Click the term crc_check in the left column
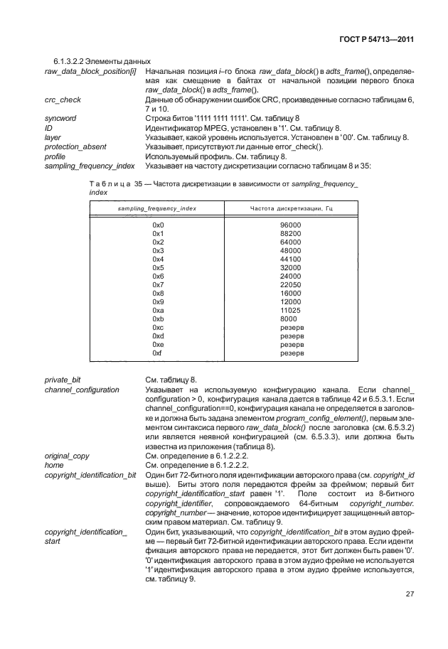(63, 100)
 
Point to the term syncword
(60, 118)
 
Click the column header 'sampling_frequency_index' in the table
(157, 208)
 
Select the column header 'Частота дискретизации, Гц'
(292, 208)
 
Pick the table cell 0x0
(158, 225)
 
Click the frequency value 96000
(291, 225)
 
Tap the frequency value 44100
(291, 259)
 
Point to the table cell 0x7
(158, 284)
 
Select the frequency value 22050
(291, 284)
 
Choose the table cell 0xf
(158, 353)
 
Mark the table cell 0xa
(158, 310)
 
